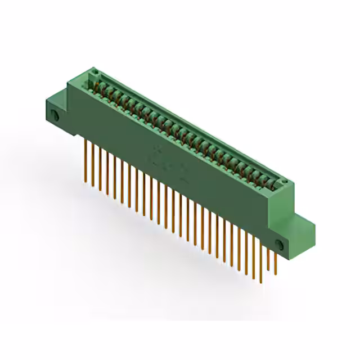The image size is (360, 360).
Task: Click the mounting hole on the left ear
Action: coord(56,115)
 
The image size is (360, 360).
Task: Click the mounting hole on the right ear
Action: coord(280,243)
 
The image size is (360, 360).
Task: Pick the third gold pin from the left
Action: coord(100,168)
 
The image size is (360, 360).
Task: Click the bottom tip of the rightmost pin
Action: coord(275,274)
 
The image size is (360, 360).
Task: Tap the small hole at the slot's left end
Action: coord(94,72)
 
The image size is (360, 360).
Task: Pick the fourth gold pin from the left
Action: coord(107,172)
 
